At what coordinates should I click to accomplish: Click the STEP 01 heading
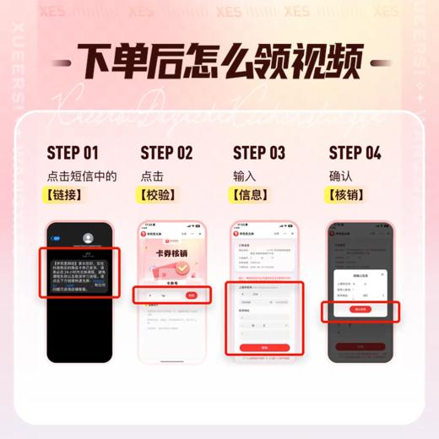click(73, 153)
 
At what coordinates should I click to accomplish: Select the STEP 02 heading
click(166, 153)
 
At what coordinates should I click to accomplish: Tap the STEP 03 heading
click(259, 153)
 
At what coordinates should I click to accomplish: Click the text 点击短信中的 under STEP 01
click(81, 176)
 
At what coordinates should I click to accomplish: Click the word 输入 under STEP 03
click(246, 176)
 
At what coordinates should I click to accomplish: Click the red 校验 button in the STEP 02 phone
click(192, 295)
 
